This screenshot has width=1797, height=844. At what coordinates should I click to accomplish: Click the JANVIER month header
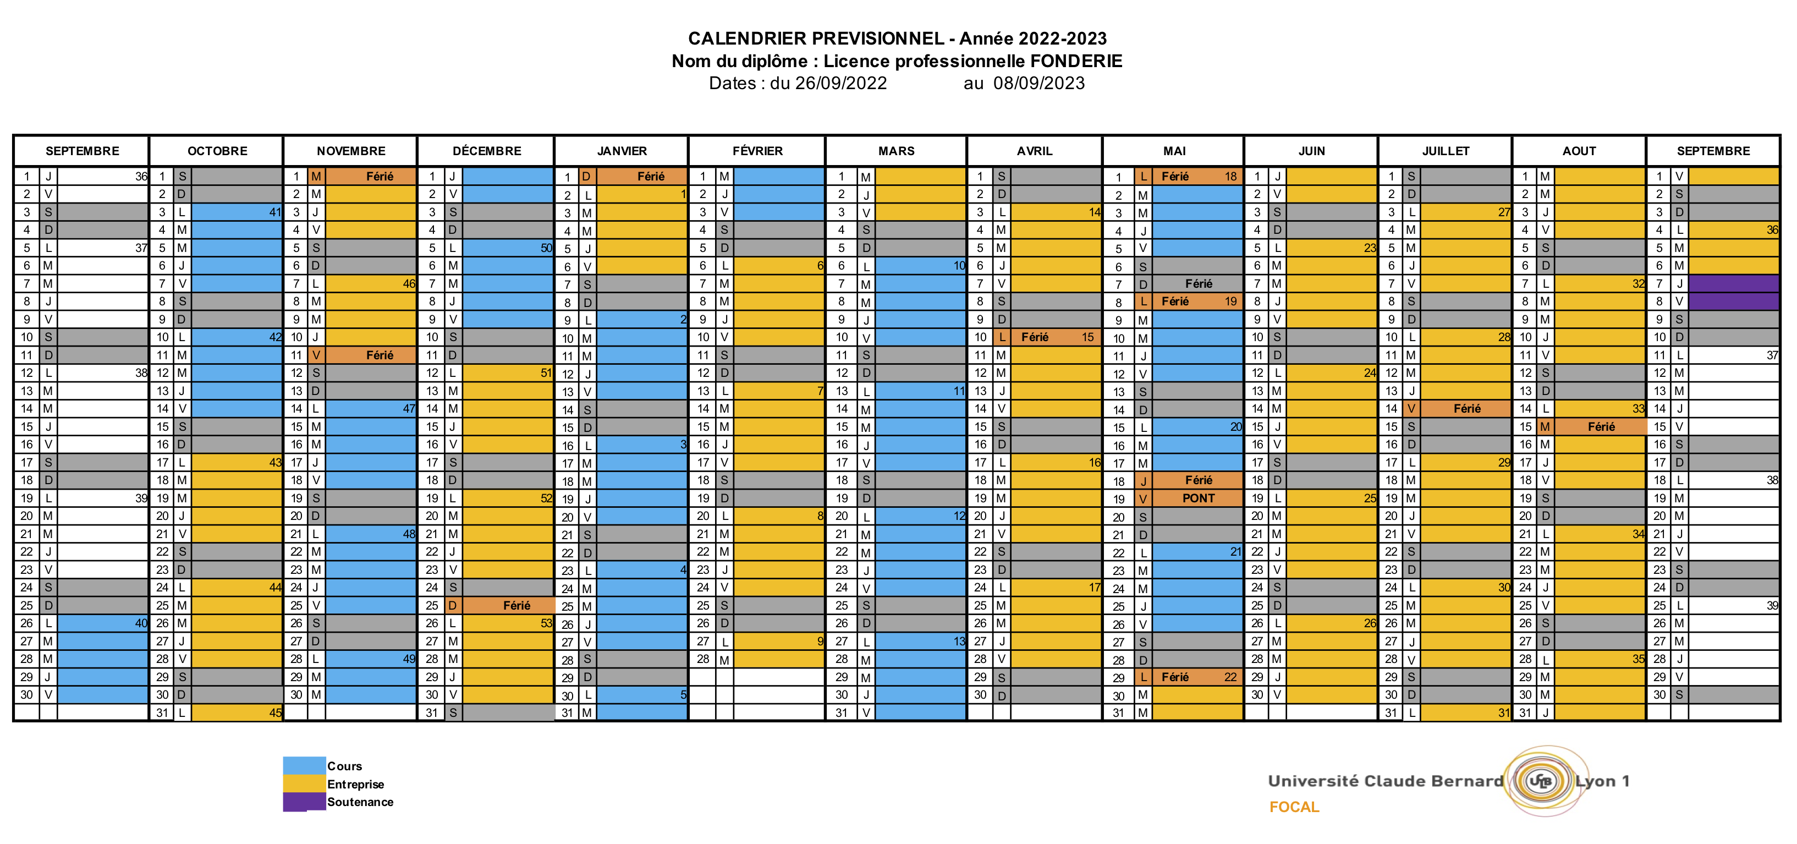(x=622, y=151)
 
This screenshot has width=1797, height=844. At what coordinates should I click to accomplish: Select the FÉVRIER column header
(x=757, y=151)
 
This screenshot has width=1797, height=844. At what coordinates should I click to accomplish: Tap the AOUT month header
(x=1579, y=151)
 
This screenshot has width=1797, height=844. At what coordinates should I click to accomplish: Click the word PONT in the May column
(x=1198, y=498)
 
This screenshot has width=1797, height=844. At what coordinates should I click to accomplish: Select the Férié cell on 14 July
(x=1466, y=409)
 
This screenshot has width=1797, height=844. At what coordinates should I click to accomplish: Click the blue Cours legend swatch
(x=304, y=765)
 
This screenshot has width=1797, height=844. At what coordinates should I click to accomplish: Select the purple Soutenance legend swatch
(x=304, y=802)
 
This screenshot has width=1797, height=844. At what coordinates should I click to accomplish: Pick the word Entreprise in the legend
(x=356, y=784)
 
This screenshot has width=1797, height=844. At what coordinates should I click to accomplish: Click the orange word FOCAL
(x=1294, y=807)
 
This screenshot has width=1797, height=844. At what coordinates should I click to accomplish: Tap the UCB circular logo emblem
(x=1539, y=781)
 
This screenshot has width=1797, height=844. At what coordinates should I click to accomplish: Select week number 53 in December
(x=546, y=623)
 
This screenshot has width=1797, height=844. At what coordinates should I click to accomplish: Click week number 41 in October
(x=275, y=212)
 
